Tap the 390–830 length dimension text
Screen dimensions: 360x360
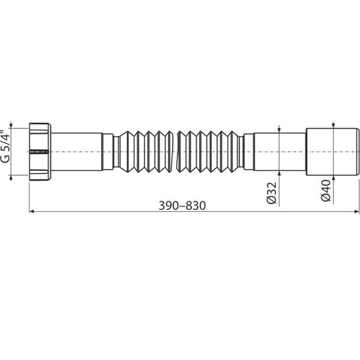pyautogui.click(x=182, y=205)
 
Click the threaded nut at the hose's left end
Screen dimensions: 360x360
pyautogui.click(x=40, y=151)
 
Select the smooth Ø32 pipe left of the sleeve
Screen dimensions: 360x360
pyautogui.click(x=280, y=151)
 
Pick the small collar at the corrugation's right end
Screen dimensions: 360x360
pyautogui.click(x=248, y=151)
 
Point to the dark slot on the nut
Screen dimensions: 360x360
pyautogui.click(x=38, y=152)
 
